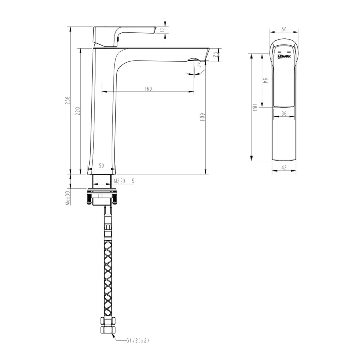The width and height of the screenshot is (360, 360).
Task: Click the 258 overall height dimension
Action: tap(67, 101)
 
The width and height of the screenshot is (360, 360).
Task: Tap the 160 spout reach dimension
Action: tap(148, 89)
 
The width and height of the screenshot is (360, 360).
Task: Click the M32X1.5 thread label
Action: tap(124, 181)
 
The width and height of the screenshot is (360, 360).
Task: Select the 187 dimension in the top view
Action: tap(254, 108)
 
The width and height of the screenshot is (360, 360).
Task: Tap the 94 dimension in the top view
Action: tap(265, 81)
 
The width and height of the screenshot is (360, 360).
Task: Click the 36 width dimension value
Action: tap(284, 113)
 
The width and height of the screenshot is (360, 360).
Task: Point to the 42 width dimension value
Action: tap(285, 167)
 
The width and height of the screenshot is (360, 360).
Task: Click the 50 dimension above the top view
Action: tap(284, 30)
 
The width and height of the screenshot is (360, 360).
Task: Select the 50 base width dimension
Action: tap(102, 166)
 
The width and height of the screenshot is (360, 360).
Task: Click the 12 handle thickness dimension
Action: tap(163, 29)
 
